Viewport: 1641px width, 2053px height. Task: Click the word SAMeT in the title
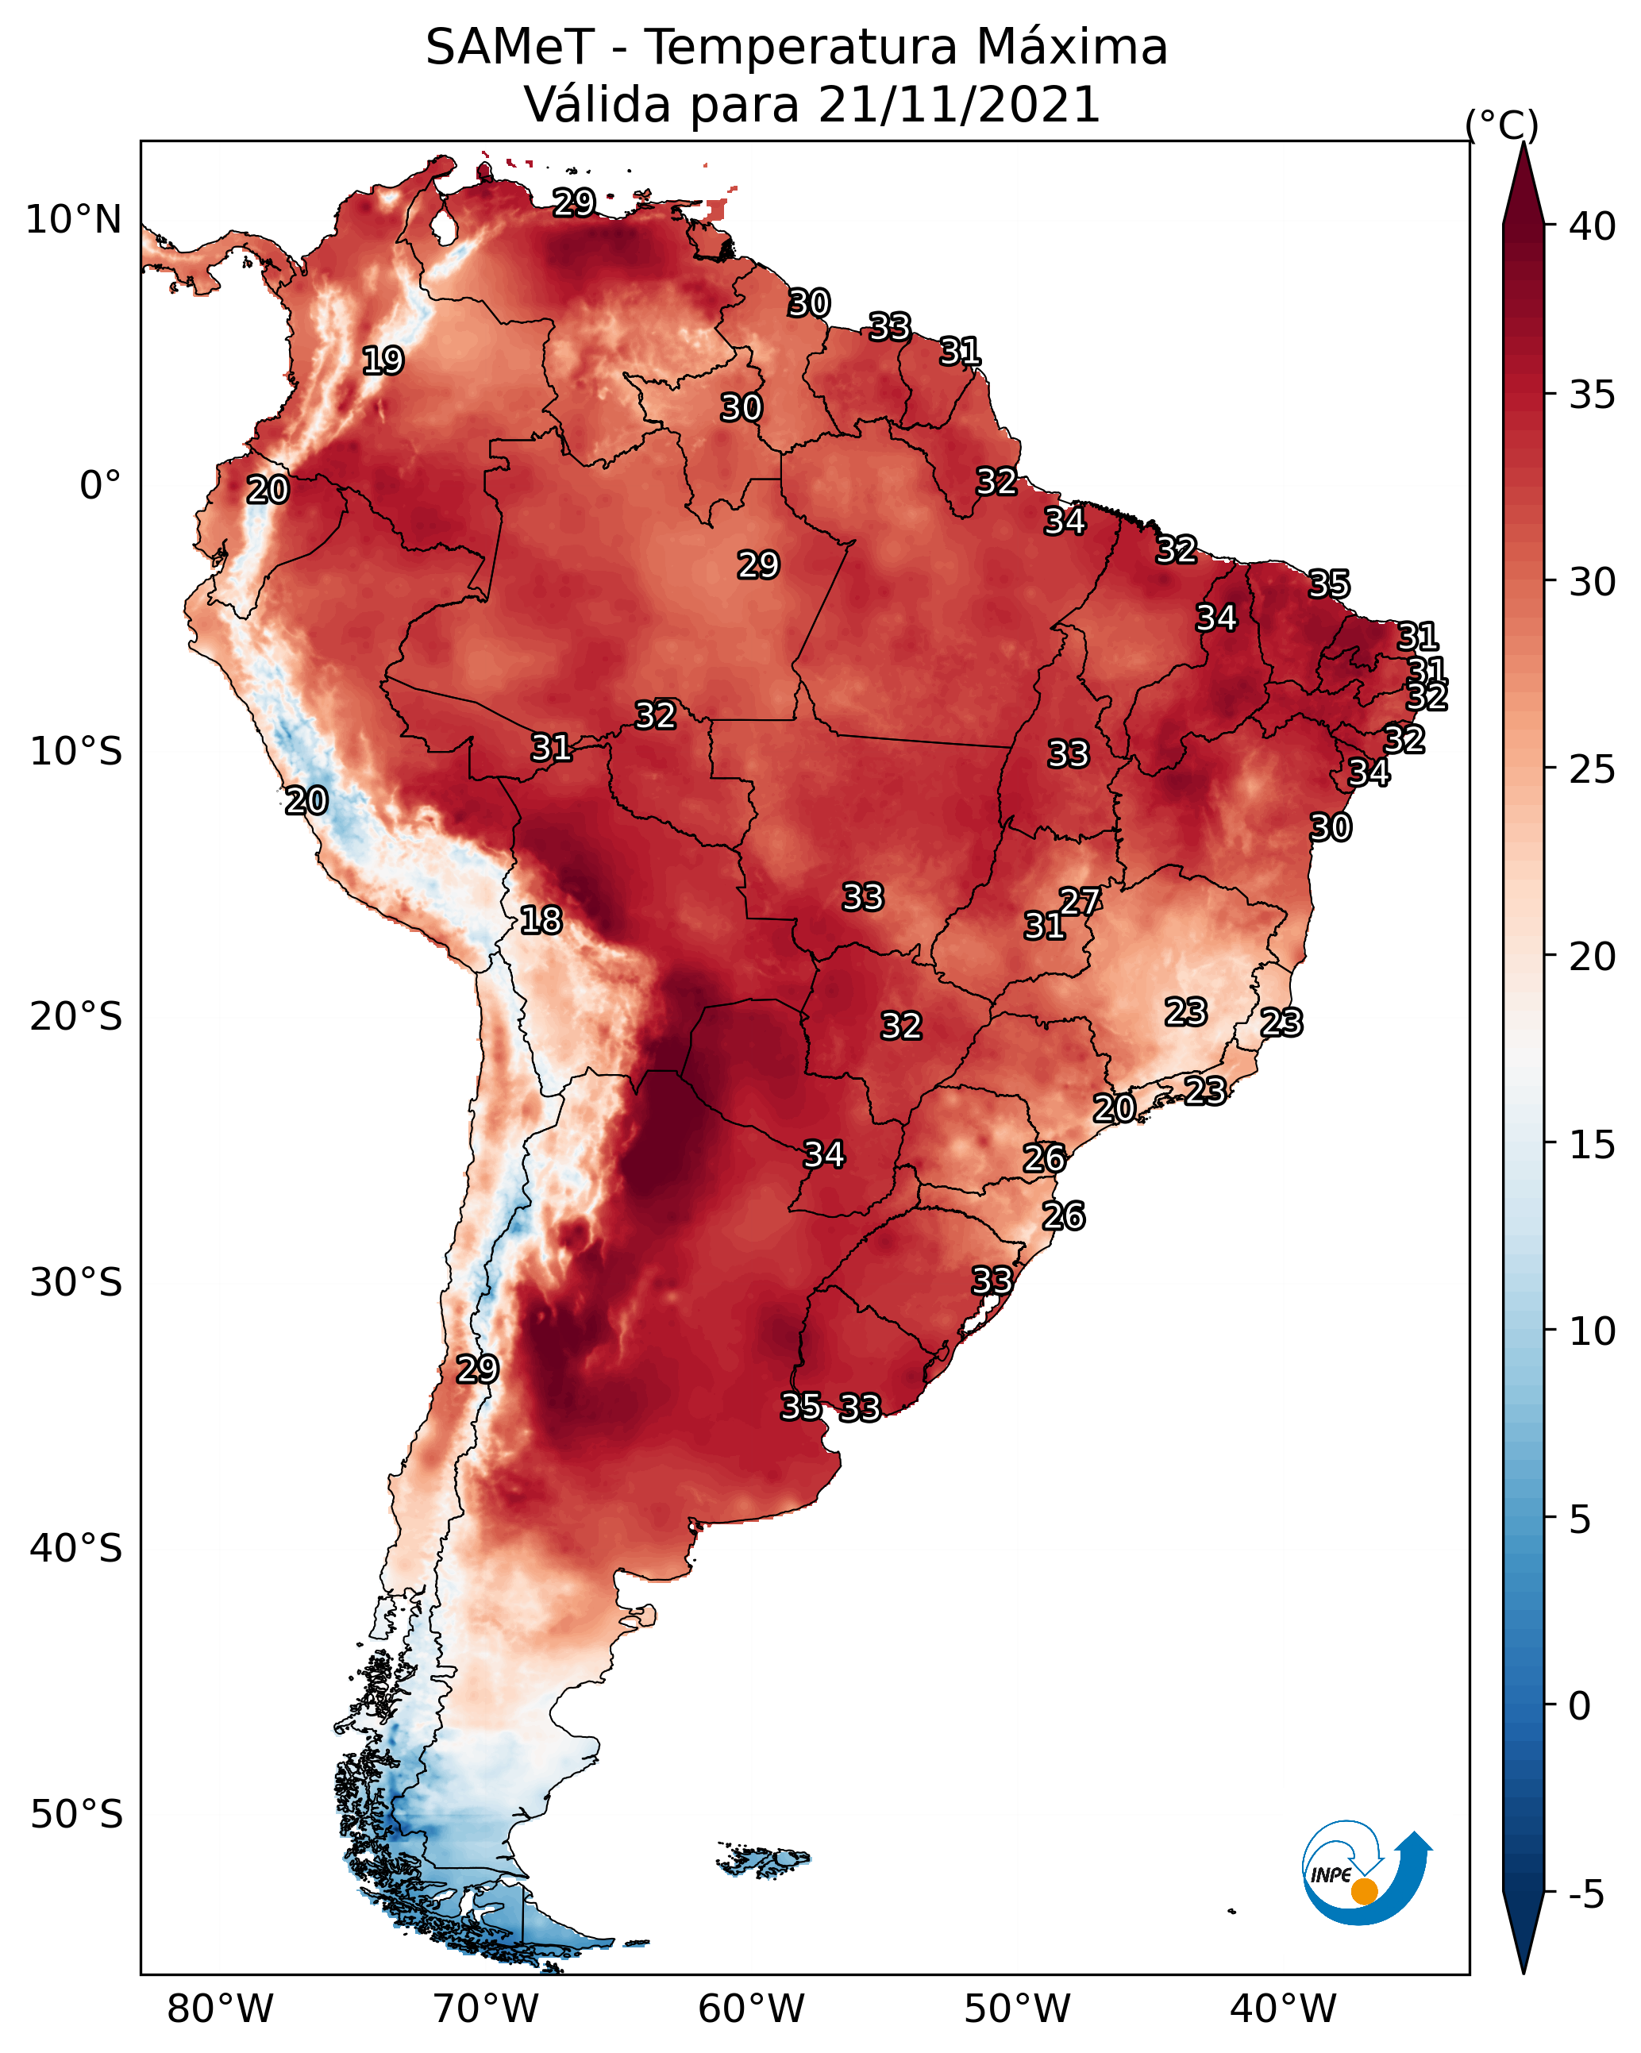(x=510, y=48)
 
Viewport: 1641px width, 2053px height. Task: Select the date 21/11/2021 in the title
(x=959, y=105)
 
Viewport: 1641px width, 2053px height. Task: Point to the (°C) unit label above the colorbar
(x=1501, y=125)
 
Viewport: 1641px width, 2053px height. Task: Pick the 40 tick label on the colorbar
(x=1592, y=226)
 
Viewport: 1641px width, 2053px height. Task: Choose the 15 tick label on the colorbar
(x=1592, y=1145)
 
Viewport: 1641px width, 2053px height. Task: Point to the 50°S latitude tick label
(x=76, y=1815)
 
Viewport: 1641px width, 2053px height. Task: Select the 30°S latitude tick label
(x=76, y=1283)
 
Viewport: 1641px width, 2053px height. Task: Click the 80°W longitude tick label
(x=220, y=2009)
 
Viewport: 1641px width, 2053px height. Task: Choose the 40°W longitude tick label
(x=1283, y=2009)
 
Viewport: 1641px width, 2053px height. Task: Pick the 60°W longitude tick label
(x=752, y=2009)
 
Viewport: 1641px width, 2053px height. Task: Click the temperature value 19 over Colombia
(x=383, y=361)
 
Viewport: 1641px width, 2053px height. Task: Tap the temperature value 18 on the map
(x=541, y=920)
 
